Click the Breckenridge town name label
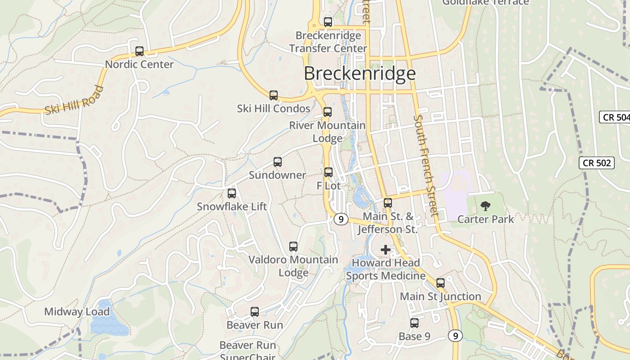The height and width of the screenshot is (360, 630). point(360,73)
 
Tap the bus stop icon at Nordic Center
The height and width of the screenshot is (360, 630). point(139,51)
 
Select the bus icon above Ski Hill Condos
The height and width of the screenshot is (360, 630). point(274,95)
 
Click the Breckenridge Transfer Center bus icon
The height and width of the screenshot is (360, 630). point(328,22)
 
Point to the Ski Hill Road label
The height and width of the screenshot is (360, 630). point(74,101)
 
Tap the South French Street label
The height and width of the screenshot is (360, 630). point(425,165)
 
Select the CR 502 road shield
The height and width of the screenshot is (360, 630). point(597,163)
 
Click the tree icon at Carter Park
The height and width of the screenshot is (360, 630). point(485,206)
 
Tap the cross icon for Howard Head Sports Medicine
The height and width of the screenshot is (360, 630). point(386,249)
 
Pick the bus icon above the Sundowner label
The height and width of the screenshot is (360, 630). point(278,162)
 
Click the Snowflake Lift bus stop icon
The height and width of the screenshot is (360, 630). point(232,193)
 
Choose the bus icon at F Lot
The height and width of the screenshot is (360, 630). point(328,172)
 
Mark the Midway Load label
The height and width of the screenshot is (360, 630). point(77,312)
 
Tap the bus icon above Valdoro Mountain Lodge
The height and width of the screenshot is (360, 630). point(293,247)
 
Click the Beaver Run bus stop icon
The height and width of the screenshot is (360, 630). point(255,312)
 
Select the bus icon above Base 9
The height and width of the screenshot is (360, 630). point(414,323)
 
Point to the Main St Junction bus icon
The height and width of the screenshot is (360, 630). point(441,283)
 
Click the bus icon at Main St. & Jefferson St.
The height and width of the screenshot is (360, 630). point(388,203)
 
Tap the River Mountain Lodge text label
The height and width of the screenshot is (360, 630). point(327,131)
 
